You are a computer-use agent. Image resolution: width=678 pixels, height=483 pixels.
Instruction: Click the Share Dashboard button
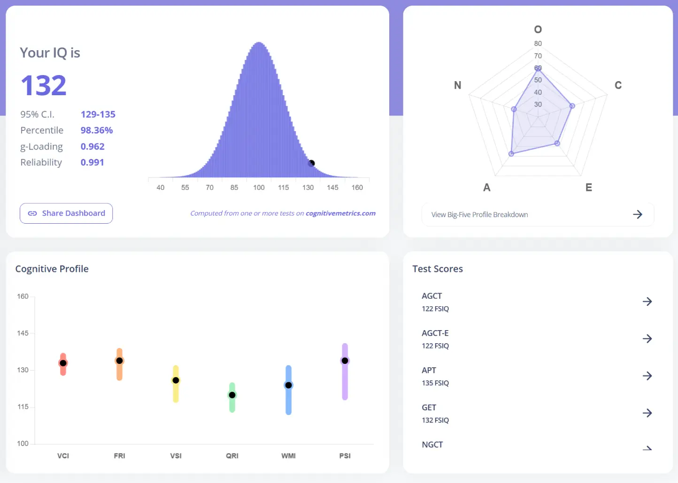coord(66,213)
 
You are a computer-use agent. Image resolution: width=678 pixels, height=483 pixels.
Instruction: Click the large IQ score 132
coord(44,85)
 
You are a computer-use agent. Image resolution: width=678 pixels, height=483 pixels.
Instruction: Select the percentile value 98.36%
coord(97,130)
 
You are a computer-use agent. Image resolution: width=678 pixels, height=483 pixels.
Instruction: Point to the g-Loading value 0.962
coord(92,146)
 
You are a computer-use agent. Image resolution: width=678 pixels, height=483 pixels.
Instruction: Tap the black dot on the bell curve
coord(311,163)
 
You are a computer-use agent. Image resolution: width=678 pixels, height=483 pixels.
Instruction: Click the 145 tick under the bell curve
coord(332,188)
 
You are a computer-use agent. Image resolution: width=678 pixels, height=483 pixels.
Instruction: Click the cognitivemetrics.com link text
coord(340,213)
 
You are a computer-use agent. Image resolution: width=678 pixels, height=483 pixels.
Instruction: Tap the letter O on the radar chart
coord(538,30)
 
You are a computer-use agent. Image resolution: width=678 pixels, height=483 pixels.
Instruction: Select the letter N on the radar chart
coord(457,85)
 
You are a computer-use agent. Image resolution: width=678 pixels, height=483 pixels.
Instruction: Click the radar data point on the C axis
coord(572,106)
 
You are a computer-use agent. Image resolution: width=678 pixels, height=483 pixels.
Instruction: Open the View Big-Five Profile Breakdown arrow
coord(637,214)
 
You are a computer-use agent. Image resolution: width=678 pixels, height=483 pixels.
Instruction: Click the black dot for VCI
coord(63,363)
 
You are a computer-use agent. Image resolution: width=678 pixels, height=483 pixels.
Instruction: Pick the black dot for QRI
coord(232,395)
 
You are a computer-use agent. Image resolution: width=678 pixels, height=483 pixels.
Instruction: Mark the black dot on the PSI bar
coord(345,361)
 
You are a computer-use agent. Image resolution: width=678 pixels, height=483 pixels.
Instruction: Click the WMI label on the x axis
coord(288,456)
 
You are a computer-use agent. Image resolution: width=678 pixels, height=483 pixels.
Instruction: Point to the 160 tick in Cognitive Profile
coord(23,296)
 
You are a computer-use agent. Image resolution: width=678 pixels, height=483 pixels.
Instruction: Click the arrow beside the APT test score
coord(647,376)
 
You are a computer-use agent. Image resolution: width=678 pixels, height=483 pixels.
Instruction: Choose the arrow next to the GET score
coord(647,413)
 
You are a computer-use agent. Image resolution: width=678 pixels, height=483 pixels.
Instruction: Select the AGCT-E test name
coord(435,333)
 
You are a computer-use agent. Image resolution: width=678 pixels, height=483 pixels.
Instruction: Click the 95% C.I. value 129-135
coord(98,114)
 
